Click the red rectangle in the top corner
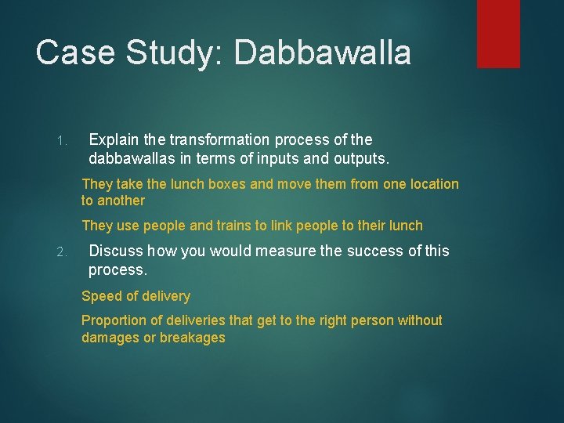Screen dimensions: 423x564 (498, 33)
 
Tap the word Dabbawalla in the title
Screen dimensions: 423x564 (322, 53)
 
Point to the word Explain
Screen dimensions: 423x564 (114, 139)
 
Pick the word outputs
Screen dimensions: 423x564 (357, 158)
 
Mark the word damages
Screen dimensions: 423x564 (110, 338)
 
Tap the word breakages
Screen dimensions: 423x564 (193, 338)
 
